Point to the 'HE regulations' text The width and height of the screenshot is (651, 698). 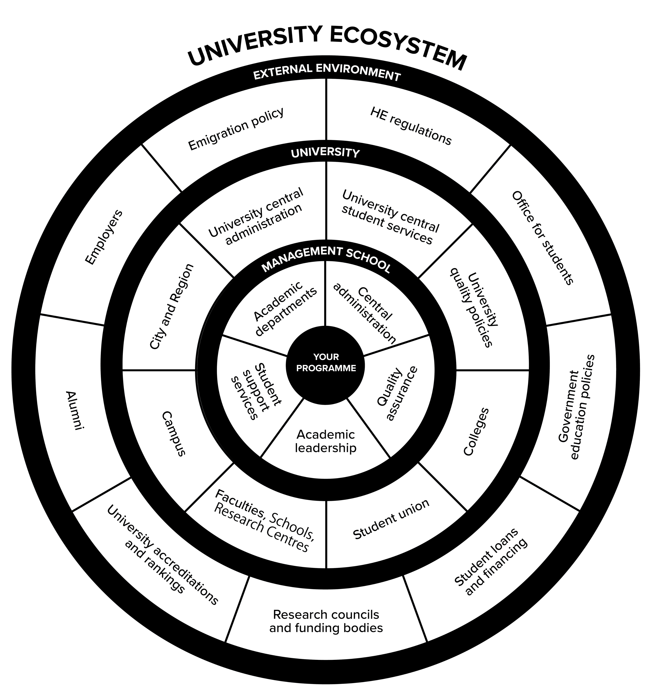tap(411, 126)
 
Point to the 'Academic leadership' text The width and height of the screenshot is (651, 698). tap(326, 441)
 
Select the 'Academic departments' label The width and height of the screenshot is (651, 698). tap(284, 308)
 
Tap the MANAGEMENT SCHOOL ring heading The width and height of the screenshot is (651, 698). tap(326, 258)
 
